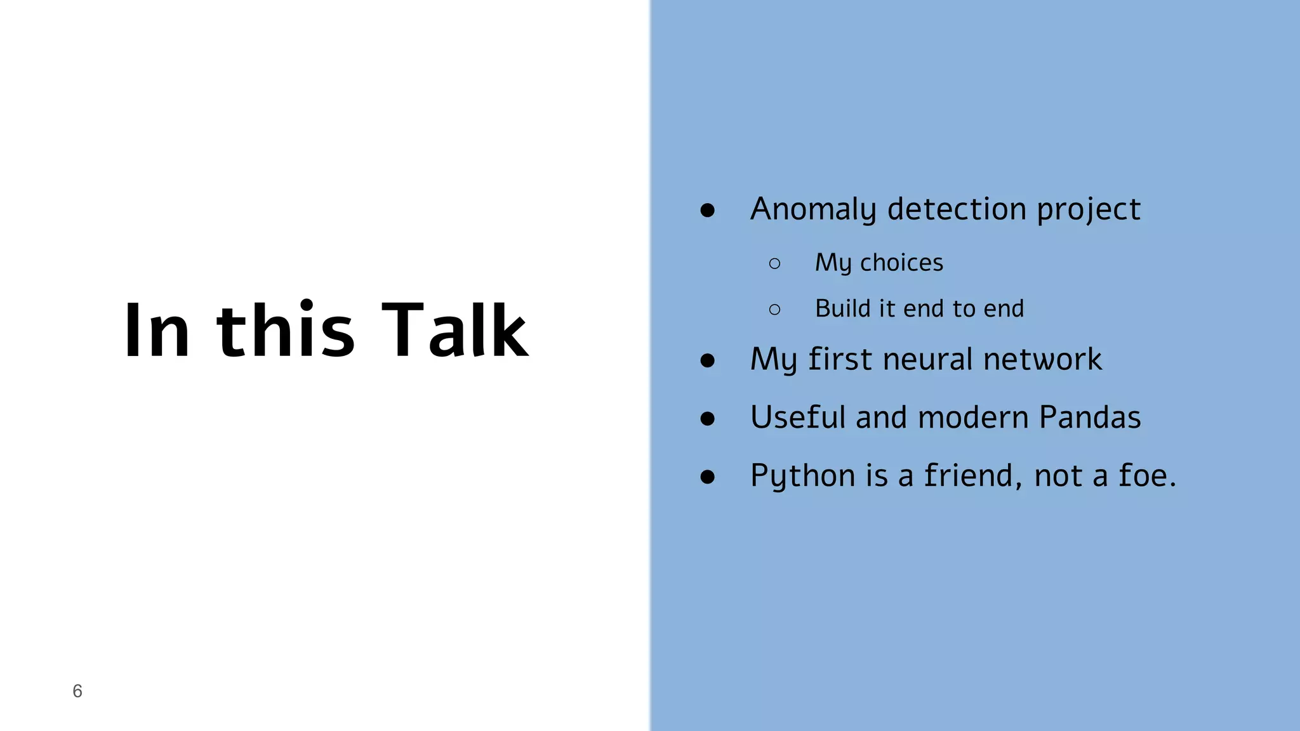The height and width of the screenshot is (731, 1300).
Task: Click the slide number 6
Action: tap(77, 691)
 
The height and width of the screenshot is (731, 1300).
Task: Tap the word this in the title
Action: tap(285, 330)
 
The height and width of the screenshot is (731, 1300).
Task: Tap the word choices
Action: tap(901, 263)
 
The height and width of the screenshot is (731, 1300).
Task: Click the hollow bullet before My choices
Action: tap(774, 263)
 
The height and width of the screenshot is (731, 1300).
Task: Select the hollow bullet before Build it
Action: tap(774, 310)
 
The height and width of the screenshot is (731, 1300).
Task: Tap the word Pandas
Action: tap(1090, 418)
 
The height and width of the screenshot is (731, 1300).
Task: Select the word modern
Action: tap(973, 418)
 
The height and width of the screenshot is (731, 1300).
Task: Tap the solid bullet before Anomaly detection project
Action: tap(708, 210)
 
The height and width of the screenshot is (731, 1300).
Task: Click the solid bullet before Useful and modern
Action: tap(708, 418)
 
